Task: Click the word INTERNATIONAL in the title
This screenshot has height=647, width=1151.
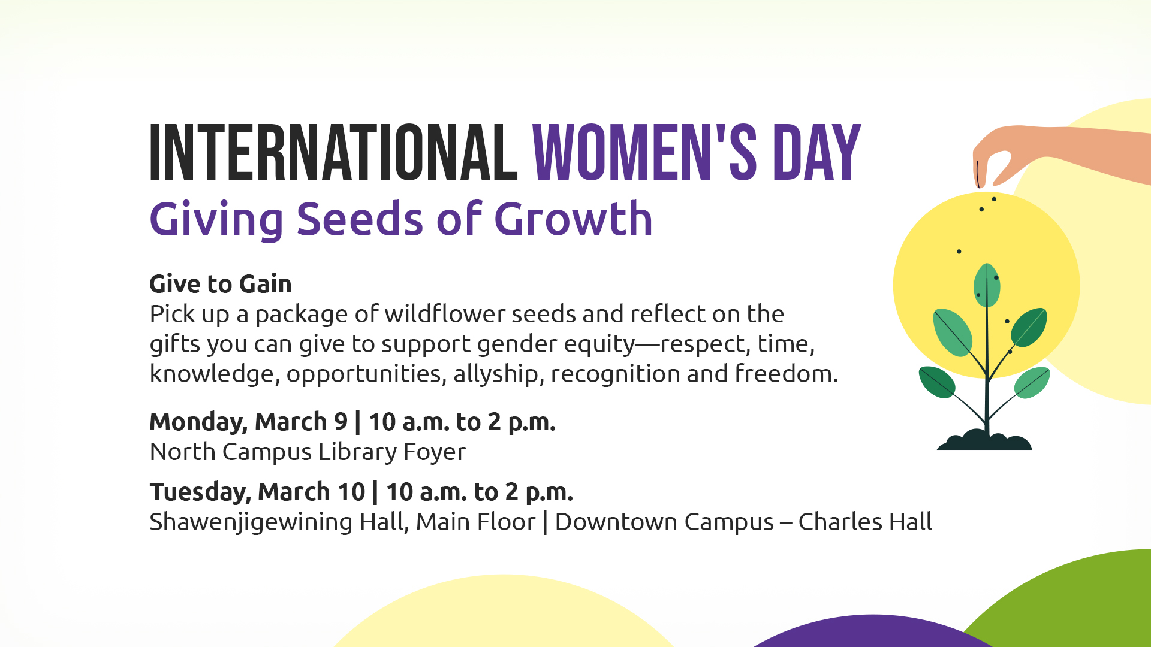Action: [x=333, y=153]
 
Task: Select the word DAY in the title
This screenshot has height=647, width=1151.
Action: [x=816, y=153]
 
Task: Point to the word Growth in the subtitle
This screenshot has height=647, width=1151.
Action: [x=573, y=219]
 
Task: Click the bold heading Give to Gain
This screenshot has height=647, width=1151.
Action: [x=220, y=284]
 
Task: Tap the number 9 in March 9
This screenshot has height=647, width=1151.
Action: [x=341, y=422]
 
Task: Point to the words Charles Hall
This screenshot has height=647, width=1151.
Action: [x=864, y=522]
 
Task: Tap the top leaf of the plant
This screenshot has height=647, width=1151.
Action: [x=986, y=285]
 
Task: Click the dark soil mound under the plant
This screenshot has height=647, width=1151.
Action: [x=984, y=442]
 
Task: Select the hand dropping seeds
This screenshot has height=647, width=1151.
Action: [x=1043, y=150]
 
